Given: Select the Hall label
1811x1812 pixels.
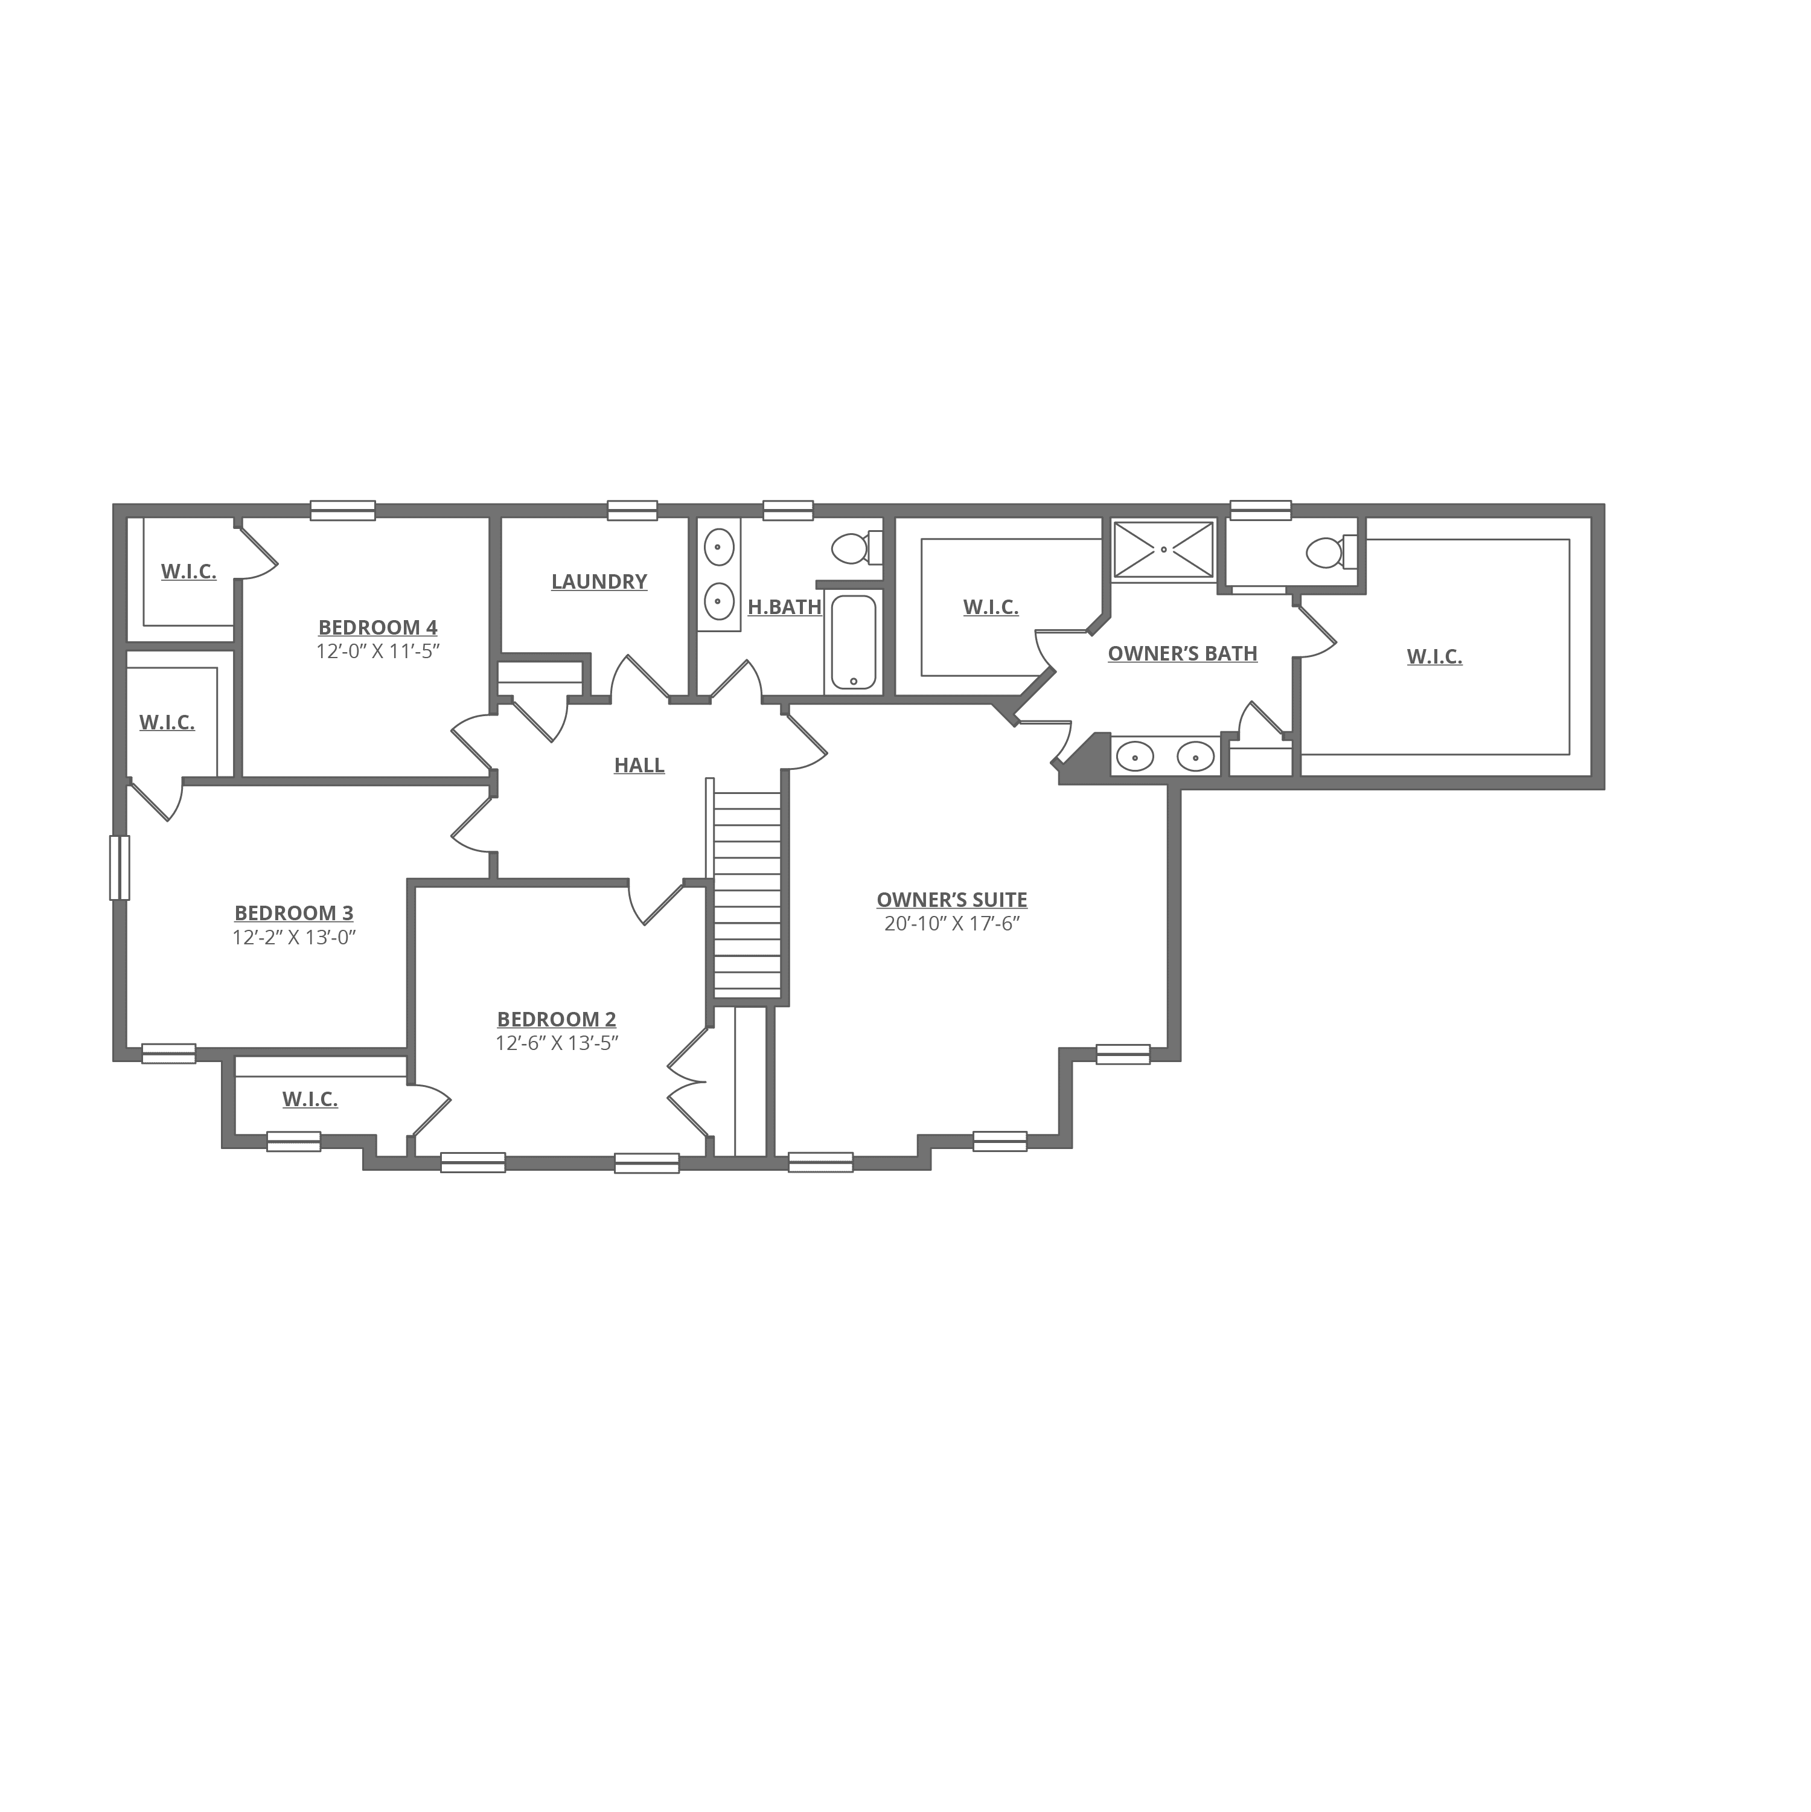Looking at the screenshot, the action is tap(640, 766).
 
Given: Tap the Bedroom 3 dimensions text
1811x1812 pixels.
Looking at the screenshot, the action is tap(295, 938).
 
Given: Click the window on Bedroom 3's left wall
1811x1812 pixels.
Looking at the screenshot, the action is tap(120, 868).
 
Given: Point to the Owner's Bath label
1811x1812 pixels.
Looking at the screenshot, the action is tap(1183, 655).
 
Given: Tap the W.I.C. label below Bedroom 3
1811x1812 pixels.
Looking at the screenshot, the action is tap(310, 1099).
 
